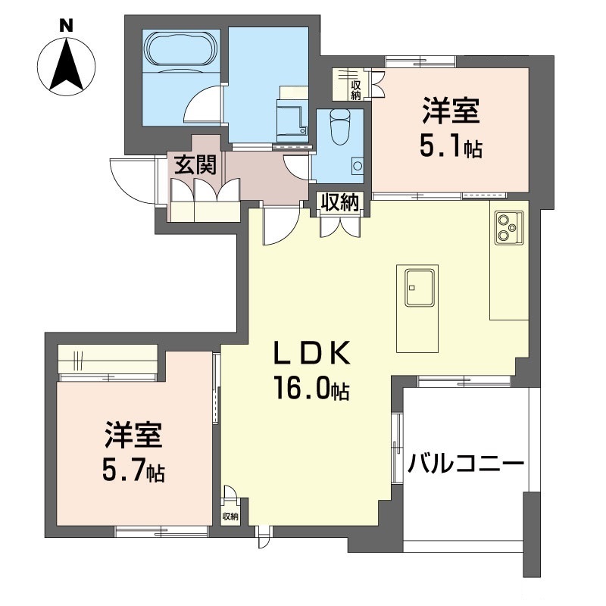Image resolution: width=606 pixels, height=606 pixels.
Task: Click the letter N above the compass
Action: pyautogui.click(x=67, y=26)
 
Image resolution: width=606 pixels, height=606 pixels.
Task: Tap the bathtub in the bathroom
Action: pyautogui.click(x=180, y=49)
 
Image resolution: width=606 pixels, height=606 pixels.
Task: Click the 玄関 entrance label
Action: pyautogui.click(x=195, y=166)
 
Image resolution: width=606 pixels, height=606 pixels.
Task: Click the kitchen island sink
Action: pyautogui.click(x=420, y=288)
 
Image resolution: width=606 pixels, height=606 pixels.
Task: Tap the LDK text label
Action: pyautogui.click(x=312, y=353)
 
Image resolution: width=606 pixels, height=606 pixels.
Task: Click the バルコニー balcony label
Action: pyautogui.click(x=466, y=464)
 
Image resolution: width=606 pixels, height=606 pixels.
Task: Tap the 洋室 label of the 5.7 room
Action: pyautogui.click(x=133, y=435)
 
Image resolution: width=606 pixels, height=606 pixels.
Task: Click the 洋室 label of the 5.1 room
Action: pyautogui.click(x=451, y=111)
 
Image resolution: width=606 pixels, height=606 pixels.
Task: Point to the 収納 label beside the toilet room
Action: pyautogui.click(x=340, y=202)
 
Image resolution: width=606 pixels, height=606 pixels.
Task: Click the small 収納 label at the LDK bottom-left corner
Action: pyautogui.click(x=230, y=517)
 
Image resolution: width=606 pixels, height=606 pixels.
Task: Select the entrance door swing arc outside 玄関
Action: pyautogui.click(x=127, y=182)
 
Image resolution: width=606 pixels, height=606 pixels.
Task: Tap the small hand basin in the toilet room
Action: pyautogui.click(x=358, y=166)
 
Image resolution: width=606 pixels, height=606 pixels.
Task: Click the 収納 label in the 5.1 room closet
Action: pyautogui.click(x=356, y=89)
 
